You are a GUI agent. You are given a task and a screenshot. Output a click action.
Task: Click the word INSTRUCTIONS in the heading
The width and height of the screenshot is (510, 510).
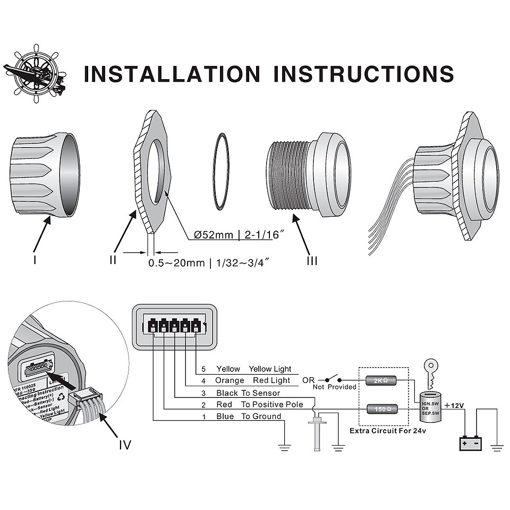click(363, 74)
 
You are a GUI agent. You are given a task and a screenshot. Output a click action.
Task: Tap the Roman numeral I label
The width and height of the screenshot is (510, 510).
click(35, 260)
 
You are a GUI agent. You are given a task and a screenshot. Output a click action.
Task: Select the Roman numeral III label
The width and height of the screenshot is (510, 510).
click(312, 261)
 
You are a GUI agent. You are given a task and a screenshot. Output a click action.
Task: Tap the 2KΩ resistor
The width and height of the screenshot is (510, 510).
click(380, 380)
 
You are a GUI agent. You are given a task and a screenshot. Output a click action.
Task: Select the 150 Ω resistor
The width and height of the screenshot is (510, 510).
click(380, 409)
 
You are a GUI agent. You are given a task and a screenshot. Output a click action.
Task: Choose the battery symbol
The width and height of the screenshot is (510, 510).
click(470, 442)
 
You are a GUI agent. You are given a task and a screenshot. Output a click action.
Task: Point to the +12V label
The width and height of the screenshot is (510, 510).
click(454, 405)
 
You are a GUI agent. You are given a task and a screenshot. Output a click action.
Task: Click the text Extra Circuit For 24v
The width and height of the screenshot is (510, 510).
click(387, 431)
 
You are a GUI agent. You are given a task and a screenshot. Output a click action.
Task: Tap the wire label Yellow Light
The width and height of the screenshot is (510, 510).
click(270, 369)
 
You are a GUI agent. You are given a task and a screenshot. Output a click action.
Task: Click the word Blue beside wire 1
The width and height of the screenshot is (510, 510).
click(225, 416)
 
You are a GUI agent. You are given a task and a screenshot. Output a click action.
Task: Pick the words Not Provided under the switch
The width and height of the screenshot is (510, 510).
click(335, 387)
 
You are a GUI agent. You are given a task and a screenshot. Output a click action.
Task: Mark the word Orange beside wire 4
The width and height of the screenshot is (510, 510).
click(229, 380)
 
